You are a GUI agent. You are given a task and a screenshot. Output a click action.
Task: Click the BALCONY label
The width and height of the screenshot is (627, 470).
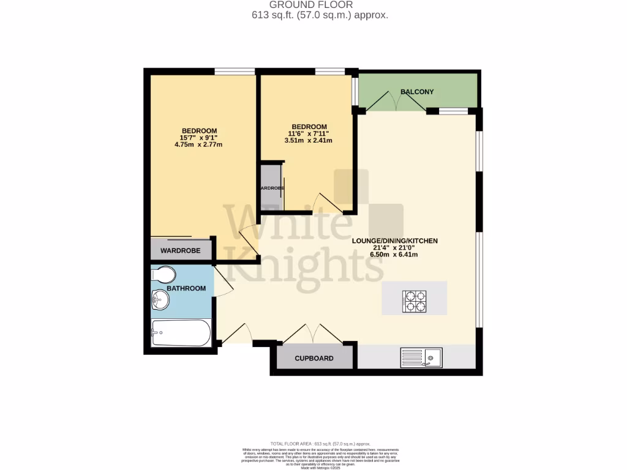pyautogui.click(x=417, y=92)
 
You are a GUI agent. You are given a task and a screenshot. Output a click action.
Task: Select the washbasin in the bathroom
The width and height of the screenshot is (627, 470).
pyautogui.click(x=160, y=300)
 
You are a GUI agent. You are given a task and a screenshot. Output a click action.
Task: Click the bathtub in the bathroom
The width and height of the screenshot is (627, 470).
pyautogui.click(x=181, y=334)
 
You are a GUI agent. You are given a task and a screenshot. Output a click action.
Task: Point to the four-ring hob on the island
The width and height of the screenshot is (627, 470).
pyautogui.click(x=414, y=301)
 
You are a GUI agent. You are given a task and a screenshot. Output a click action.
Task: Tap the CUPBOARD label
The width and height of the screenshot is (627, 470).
pyautogui.click(x=314, y=359)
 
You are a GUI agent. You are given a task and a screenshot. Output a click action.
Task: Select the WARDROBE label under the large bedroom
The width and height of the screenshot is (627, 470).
pyautogui.click(x=180, y=251)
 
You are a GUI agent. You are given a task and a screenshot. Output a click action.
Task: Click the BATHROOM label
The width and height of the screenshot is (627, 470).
pyautogui.click(x=186, y=288)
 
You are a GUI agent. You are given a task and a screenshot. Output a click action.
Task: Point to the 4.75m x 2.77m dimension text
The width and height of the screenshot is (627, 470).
pyautogui.click(x=198, y=145)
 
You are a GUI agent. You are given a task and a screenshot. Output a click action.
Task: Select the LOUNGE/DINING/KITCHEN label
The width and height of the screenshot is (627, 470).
pyautogui.click(x=394, y=241)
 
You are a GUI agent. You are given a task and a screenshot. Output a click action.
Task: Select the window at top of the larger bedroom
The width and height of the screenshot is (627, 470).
pyautogui.click(x=235, y=72)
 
